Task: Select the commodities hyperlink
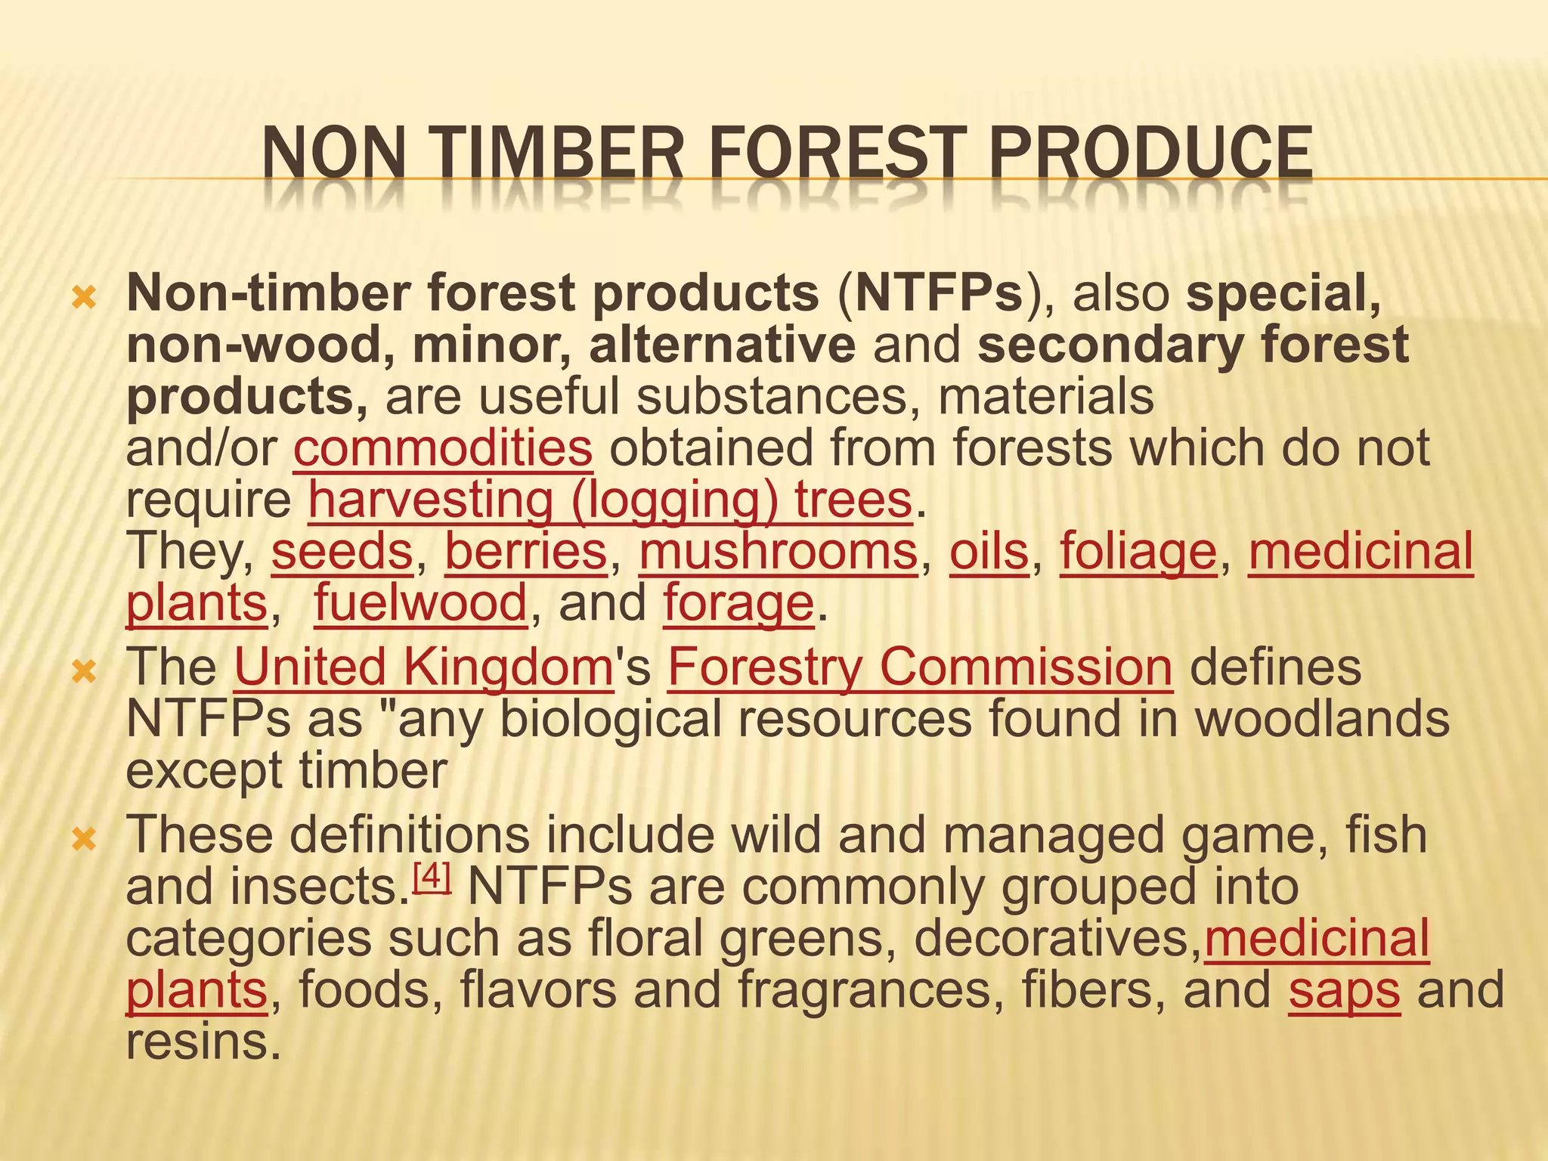(443, 447)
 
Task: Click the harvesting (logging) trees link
(610, 500)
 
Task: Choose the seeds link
(342, 551)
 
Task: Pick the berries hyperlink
(526, 551)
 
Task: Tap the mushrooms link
(779, 551)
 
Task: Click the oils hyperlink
(989, 551)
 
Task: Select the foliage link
(1138, 551)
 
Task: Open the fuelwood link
(421, 602)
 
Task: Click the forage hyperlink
(738, 602)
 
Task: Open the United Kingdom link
(423, 667)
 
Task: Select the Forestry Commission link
(920, 667)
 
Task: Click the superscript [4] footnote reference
(433, 877)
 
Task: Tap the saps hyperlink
(1344, 990)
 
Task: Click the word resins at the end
(198, 1042)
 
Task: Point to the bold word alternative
(723, 345)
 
